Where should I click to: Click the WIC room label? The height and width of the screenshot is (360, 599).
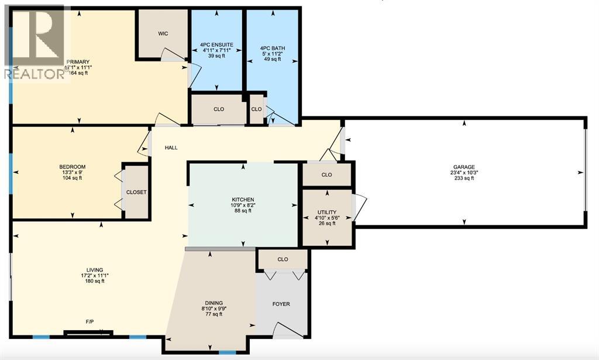163,33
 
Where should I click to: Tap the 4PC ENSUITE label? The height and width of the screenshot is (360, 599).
216,44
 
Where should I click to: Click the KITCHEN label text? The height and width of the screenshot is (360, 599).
242,200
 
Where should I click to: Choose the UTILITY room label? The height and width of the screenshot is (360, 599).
326,212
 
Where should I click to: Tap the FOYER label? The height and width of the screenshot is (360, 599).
281,304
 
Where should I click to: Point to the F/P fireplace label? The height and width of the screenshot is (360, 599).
90,321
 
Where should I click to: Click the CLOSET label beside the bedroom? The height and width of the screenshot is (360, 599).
137,192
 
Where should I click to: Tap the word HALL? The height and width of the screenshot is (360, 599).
171,148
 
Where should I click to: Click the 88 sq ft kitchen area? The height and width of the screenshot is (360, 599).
242,211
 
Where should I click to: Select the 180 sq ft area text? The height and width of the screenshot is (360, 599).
94,281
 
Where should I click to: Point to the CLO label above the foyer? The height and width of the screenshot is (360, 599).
283,259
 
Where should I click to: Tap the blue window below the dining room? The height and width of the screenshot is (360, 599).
227,352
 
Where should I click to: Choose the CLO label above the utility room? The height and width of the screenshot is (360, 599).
326,174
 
